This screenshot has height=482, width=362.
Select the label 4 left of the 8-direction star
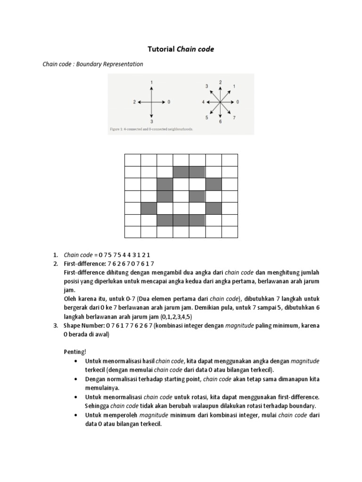click(x=203, y=102)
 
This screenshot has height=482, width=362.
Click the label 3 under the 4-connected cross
click(x=151, y=121)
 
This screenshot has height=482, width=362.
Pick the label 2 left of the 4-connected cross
click(x=134, y=102)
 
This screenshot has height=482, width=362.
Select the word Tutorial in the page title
click(x=161, y=49)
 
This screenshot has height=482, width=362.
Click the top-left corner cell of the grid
click(x=132, y=160)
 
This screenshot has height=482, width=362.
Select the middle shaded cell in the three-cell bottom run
click(x=181, y=220)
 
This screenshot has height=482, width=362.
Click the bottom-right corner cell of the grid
click(x=230, y=233)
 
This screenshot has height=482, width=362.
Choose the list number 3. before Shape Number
click(x=55, y=326)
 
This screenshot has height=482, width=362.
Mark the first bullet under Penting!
click(x=76, y=361)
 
